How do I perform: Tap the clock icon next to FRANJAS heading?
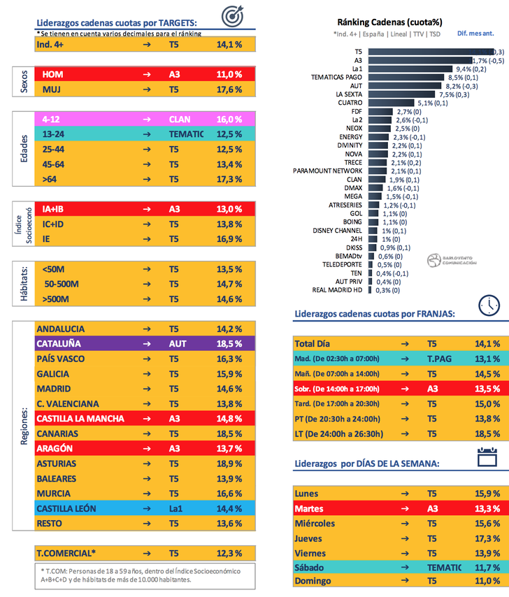(489, 305)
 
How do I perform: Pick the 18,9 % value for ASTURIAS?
(229, 463)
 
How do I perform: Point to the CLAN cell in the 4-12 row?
(180, 119)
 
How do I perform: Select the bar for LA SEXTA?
(401, 94)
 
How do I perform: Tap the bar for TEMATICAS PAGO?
(403, 77)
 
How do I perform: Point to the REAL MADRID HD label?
(338, 290)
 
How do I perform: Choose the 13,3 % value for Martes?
(487, 508)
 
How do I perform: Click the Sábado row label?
(312, 567)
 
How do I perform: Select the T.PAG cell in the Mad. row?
(440, 359)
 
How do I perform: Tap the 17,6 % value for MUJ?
(229, 89)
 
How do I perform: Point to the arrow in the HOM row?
(146, 74)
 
